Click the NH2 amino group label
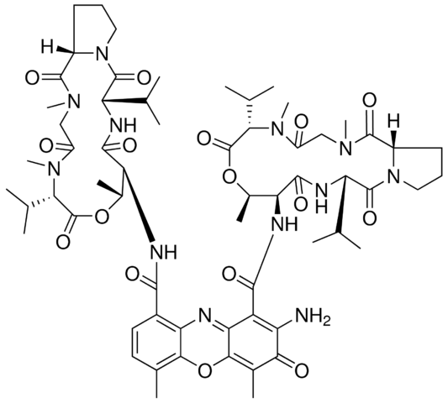pyautogui.click(x=313, y=317)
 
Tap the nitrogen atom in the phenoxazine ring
pyautogui.click(x=205, y=317)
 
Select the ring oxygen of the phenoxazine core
pyautogui.click(x=205, y=371)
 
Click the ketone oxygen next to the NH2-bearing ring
pyautogui.click(x=301, y=371)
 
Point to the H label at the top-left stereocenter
pyautogui.click(x=48, y=47)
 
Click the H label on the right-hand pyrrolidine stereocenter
pyautogui.click(x=394, y=121)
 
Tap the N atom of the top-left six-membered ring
pyautogui.click(x=102, y=53)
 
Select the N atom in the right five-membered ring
pyautogui.click(x=394, y=176)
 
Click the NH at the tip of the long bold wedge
pyautogui.click(x=164, y=251)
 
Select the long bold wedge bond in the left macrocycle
pyautogui.click(x=140, y=205)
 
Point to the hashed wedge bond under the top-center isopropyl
pyautogui.click(x=250, y=113)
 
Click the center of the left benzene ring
pyautogui.click(x=156, y=344)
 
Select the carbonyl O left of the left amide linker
pyautogui.click(x=133, y=275)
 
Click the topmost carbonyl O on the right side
pyautogui.click(x=370, y=100)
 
